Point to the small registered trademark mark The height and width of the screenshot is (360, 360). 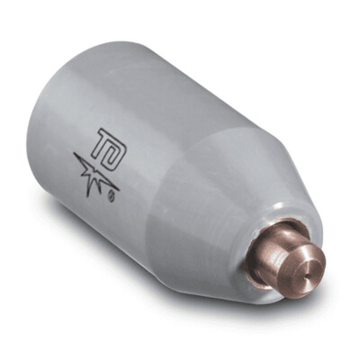112,192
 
